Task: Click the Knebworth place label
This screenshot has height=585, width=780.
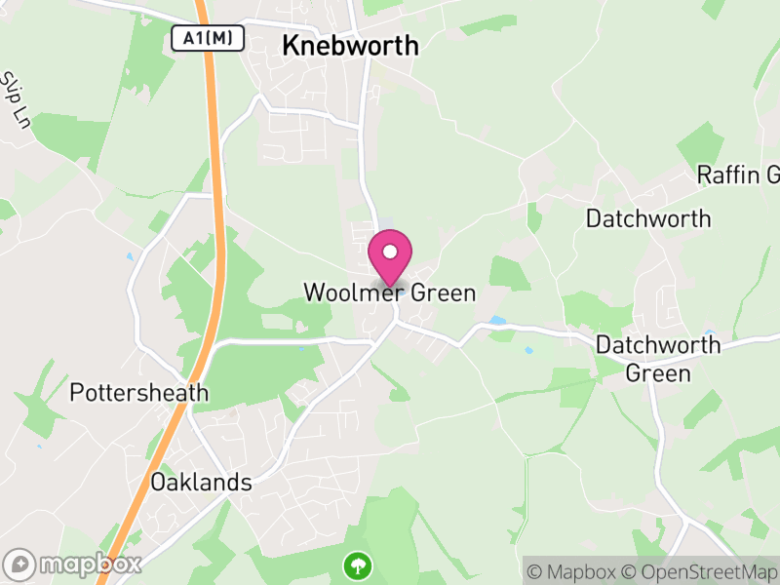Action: (350, 46)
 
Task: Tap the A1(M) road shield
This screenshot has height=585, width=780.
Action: (207, 38)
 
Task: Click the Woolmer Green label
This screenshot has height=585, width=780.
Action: (389, 292)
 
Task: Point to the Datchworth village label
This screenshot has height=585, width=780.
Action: (648, 218)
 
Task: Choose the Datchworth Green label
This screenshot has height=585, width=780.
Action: (658, 358)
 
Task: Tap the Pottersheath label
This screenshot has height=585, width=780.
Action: (139, 393)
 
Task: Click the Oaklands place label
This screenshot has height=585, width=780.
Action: (201, 483)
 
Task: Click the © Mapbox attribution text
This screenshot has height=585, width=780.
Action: (575, 571)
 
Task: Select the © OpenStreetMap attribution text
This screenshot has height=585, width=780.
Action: (699, 571)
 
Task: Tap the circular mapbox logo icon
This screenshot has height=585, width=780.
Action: (19, 564)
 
